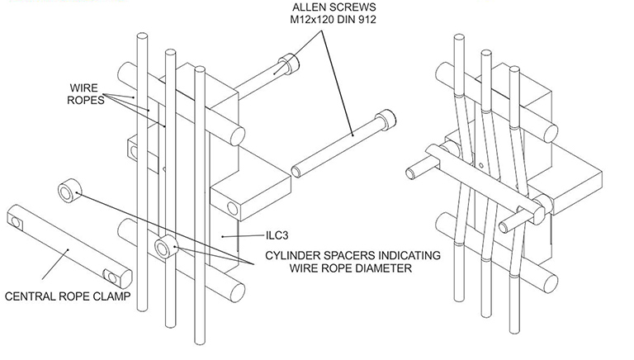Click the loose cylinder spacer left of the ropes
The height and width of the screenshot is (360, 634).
point(67,192)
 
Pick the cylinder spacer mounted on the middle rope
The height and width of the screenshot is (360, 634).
point(168,244)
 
